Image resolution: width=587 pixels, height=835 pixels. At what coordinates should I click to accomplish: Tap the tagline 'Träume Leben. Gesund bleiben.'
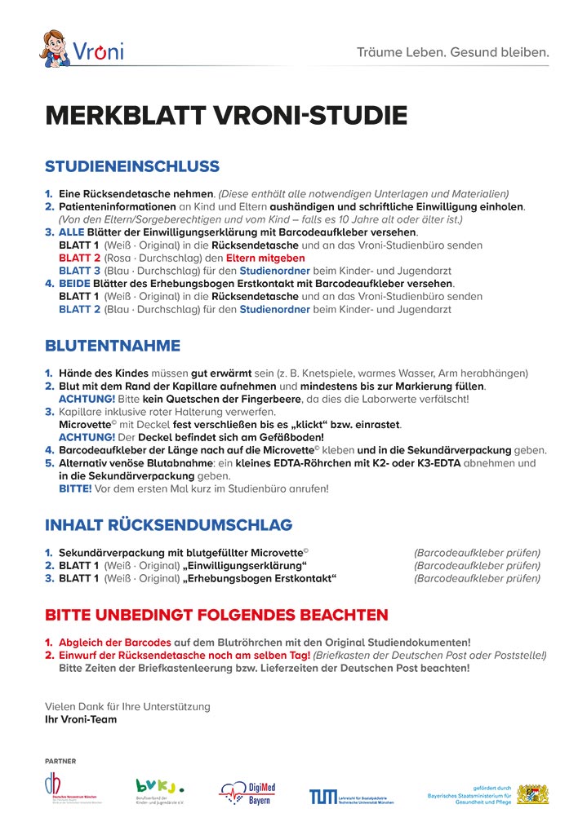452,53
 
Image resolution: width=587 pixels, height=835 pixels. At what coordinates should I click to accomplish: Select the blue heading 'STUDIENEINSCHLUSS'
132,167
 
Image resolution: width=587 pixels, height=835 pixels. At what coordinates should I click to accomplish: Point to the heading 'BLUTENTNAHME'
113,346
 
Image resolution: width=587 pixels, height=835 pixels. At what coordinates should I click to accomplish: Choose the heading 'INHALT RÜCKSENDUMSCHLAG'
168,524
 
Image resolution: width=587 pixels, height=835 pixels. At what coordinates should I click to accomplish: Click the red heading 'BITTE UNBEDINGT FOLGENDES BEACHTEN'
216,614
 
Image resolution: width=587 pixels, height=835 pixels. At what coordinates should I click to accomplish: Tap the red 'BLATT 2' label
79,258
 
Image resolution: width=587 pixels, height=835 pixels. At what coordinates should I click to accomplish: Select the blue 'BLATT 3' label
79,270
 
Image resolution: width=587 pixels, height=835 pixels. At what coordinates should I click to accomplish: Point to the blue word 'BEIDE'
76,284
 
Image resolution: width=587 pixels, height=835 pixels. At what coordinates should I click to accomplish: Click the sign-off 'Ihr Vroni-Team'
81,719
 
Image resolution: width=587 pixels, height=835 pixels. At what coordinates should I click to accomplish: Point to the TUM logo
322,796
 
